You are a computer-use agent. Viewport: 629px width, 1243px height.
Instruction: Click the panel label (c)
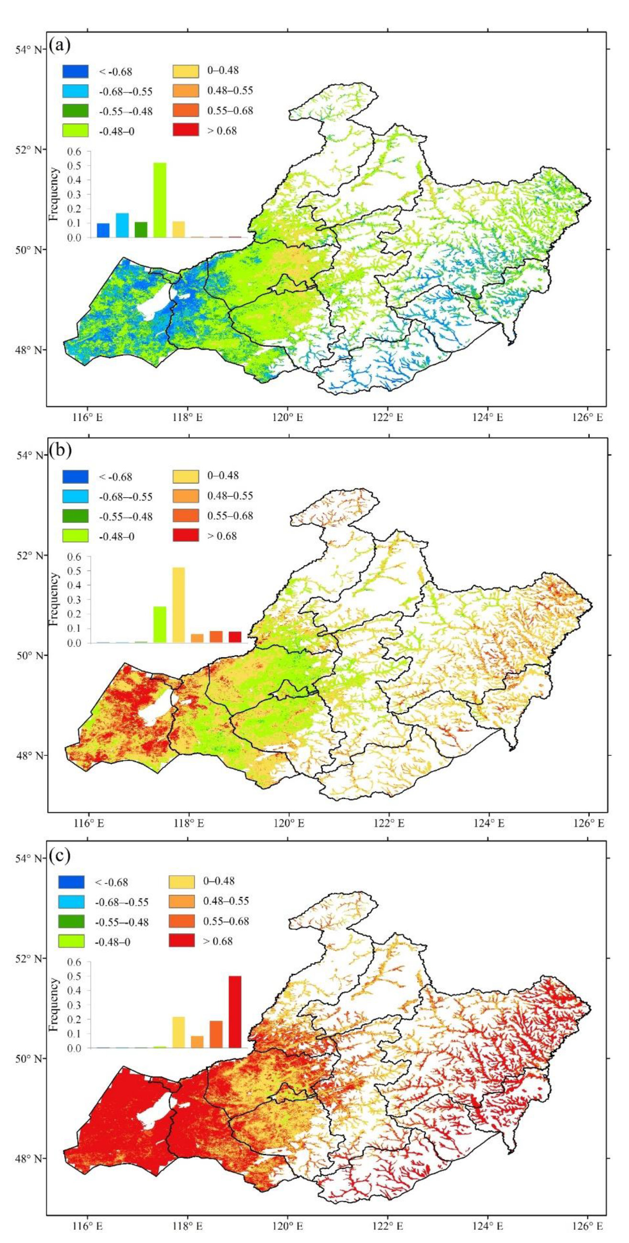point(60,856)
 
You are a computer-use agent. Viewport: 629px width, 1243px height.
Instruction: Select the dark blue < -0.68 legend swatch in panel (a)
point(75,71)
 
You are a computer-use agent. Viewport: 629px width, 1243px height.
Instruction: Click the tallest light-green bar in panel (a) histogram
point(160,200)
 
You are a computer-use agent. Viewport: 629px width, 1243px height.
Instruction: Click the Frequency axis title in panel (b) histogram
point(54,598)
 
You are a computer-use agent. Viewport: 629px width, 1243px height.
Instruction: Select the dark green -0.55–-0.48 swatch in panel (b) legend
point(75,516)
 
